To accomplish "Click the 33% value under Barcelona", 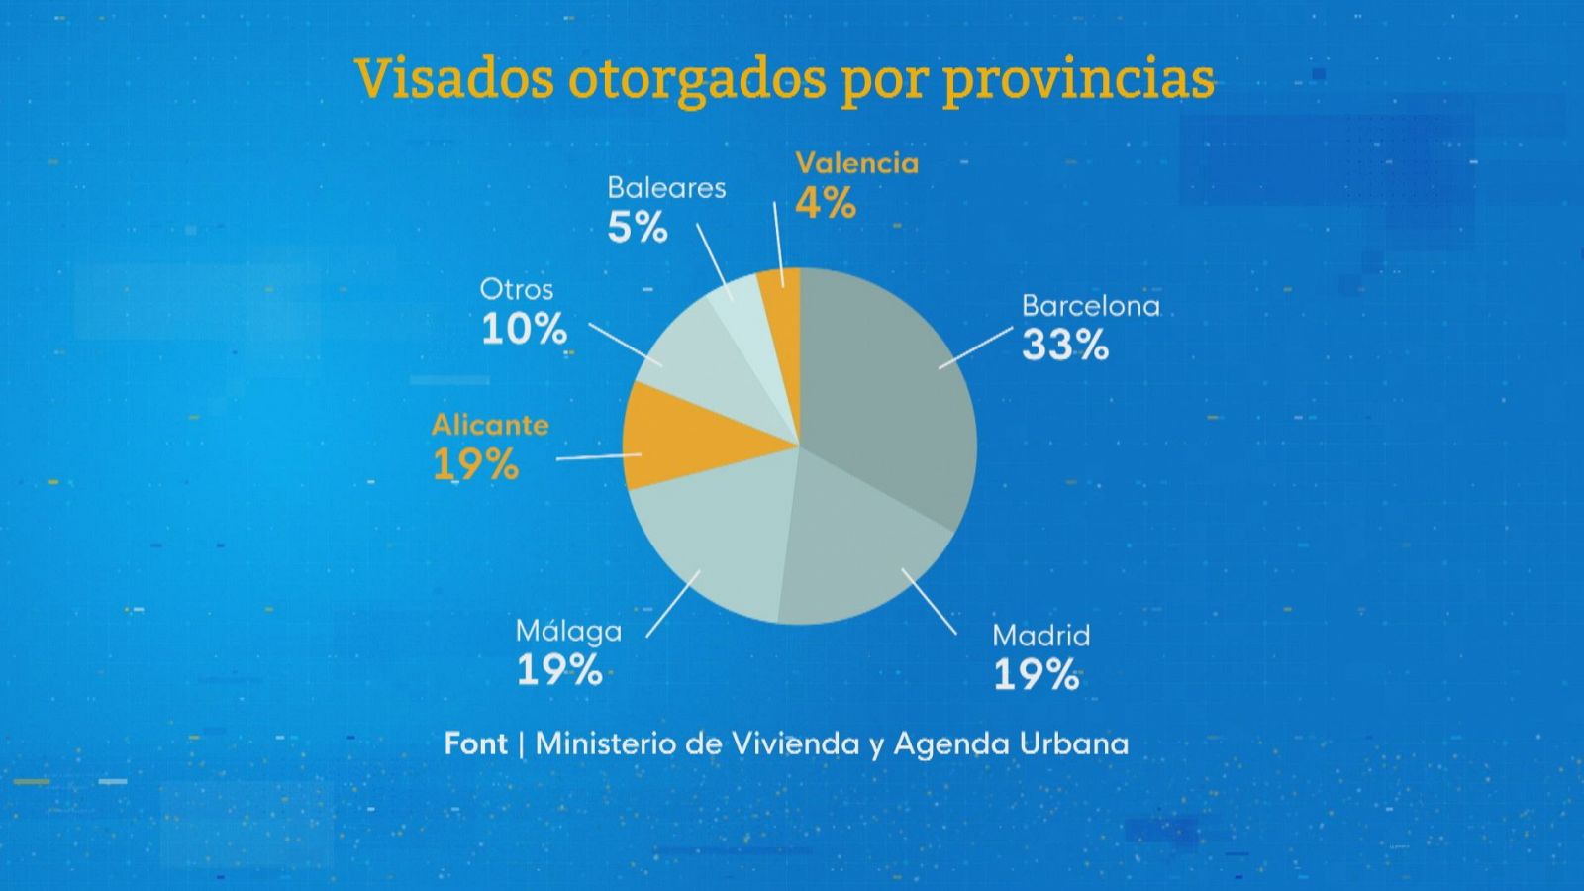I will (x=1064, y=346).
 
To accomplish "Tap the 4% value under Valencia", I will (x=825, y=204).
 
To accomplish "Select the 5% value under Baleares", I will (x=638, y=228).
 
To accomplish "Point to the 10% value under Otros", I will (x=524, y=329).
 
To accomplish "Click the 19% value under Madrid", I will (x=1036, y=675).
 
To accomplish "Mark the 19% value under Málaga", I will (x=559, y=670).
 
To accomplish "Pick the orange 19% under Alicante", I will (x=475, y=464).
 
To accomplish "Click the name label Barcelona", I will (x=1090, y=306).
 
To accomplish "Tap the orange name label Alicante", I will (x=490, y=425).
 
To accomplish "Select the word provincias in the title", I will (x=1077, y=79).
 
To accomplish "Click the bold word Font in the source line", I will (x=475, y=743).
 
